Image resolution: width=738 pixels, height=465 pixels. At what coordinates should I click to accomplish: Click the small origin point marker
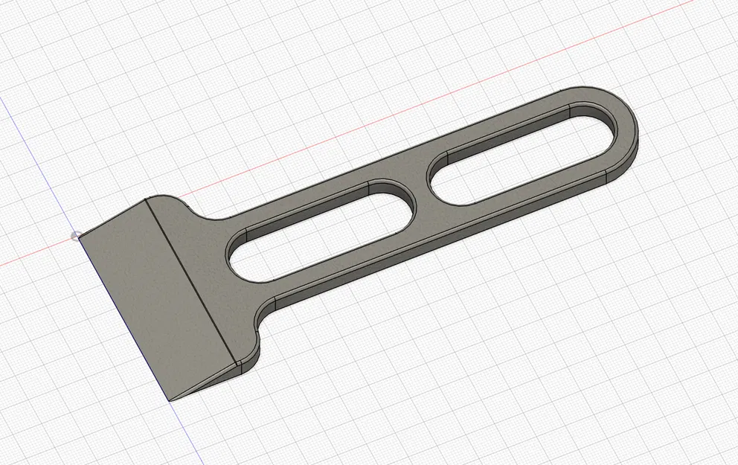(75, 237)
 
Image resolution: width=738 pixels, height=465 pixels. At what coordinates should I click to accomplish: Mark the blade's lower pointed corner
(170, 400)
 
